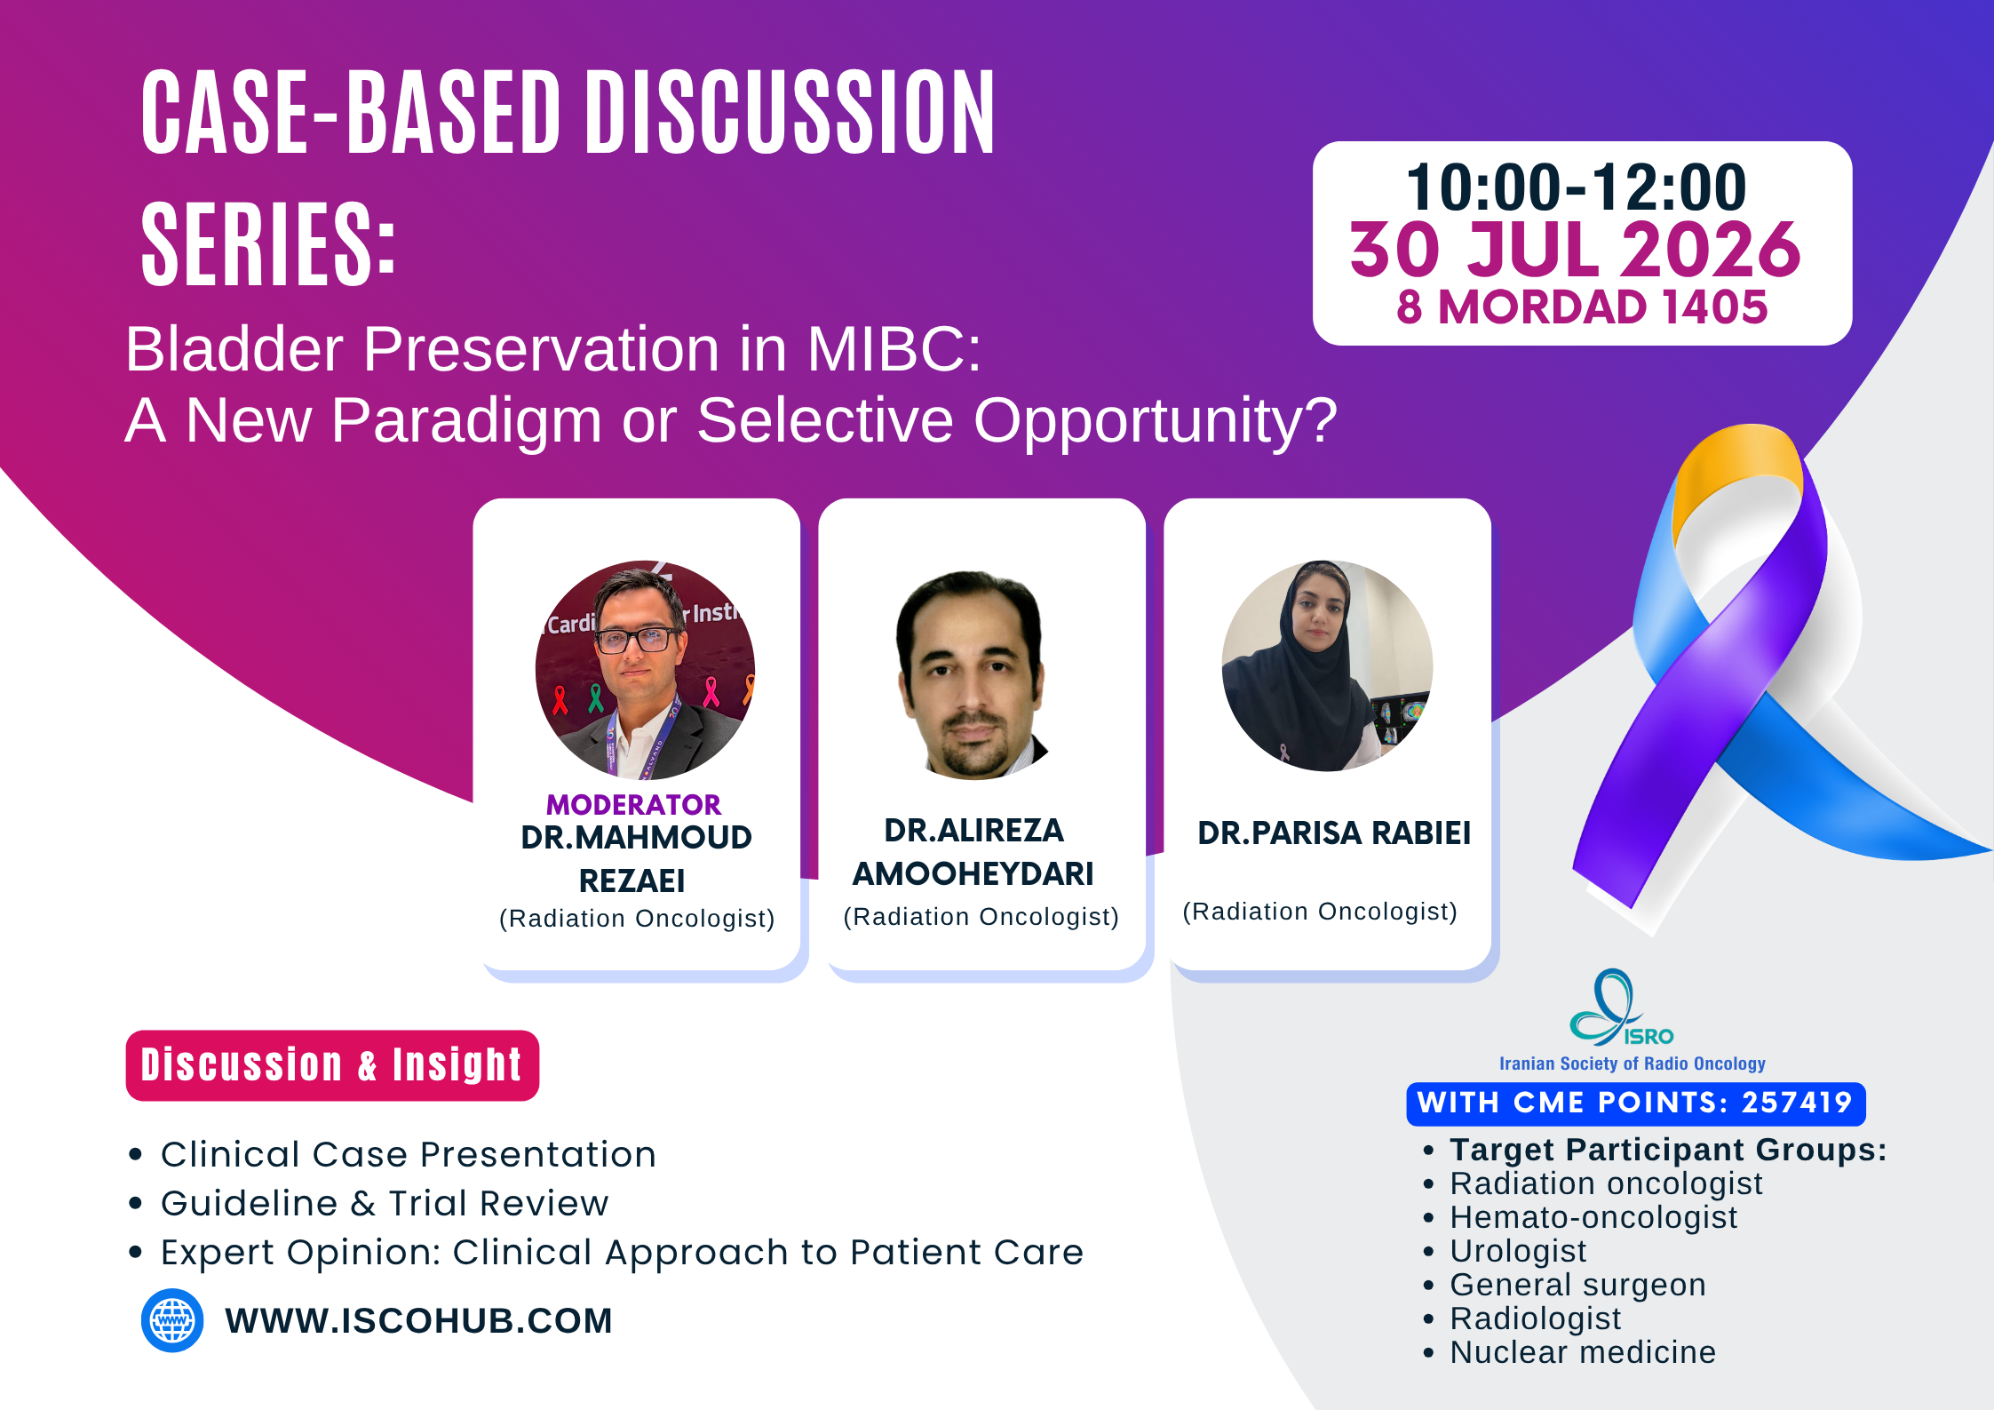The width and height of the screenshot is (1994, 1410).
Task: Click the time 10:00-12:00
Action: pyautogui.click(x=1577, y=187)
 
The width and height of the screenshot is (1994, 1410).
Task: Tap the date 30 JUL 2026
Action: pyautogui.click(x=1576, y=250)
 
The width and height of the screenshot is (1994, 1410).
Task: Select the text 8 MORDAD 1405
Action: pyautogui.click(x=1582, y=307)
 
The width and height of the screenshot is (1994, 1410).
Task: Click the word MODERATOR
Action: pyautogui.click(x=633, y=805)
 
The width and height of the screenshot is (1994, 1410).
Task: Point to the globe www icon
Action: pyautogui.click(x=172, y=1320)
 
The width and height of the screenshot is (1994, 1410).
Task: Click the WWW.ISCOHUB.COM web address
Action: pyautogui.click(x=418, y=1321)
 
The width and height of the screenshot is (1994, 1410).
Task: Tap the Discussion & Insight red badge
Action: pyautogui.click(x=332, y=1065)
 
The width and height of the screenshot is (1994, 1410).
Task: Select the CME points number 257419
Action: pyautogui.click(x=1796, y=1103)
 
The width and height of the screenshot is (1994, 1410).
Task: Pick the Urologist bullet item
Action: pyautogui.click(x=1518, y=1251)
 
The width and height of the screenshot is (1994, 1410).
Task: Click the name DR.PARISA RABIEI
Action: pyautogui.click(x=1334, y=833)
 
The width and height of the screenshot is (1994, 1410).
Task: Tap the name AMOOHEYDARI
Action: pyautogui.click(x=973, y=874)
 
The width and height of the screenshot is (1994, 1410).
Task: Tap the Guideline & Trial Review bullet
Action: pyautogui.click(x=385, y=1203)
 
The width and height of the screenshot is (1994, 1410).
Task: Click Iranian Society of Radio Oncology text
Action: pyautogui.click(x=1632, y=1063)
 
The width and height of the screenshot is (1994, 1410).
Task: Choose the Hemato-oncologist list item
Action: pyautogui.click(x=1593, y=1217)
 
